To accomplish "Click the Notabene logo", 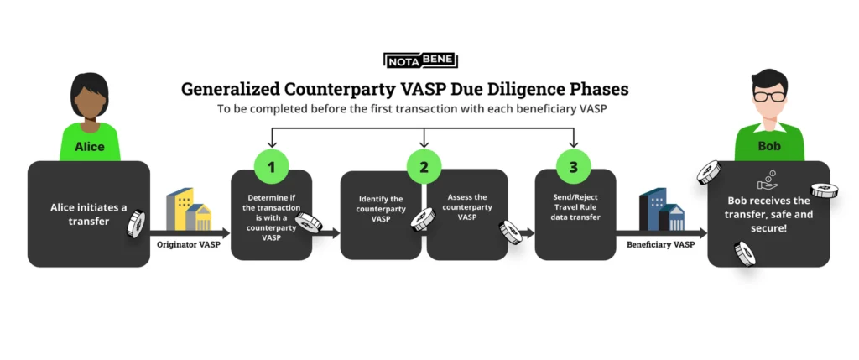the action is pyautogui.click(x=421, y=60).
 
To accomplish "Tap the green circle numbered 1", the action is pyautogui.click(x=271, y=166).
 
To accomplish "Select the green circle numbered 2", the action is pyautogui.click(x=424, y=166).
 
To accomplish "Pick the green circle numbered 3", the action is pyautogui.click(x=574, y=166).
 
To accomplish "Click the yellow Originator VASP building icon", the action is pyautogui.click(x=189, y=209).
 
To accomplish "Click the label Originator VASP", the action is pyautogui.click(x=189, y=245).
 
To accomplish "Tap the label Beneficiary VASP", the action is pyautogui.click(x=661, y=245).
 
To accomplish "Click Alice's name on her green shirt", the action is pyautogui.click(x=89, y=147).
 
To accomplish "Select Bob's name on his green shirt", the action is pyautogui.click(x=769, y=146).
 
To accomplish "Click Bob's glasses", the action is pyautogui.click(x=769, y=97).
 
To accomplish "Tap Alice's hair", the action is pyautogui.click(x=89, y=86).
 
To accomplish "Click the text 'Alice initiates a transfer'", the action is pyautogui.click(x=88, y=214).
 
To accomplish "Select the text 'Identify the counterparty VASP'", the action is pyautogui.click(x=381, y=209).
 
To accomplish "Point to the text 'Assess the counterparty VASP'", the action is pyautogui.click(x=466, y=206).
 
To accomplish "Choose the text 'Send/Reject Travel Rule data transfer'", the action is pyautogui.click(x=575, y=207).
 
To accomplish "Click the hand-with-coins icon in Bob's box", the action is pyautogui.click(x=768, y=180).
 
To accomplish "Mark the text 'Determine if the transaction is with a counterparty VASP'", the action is pyautogui.click(x=271, y=217).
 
